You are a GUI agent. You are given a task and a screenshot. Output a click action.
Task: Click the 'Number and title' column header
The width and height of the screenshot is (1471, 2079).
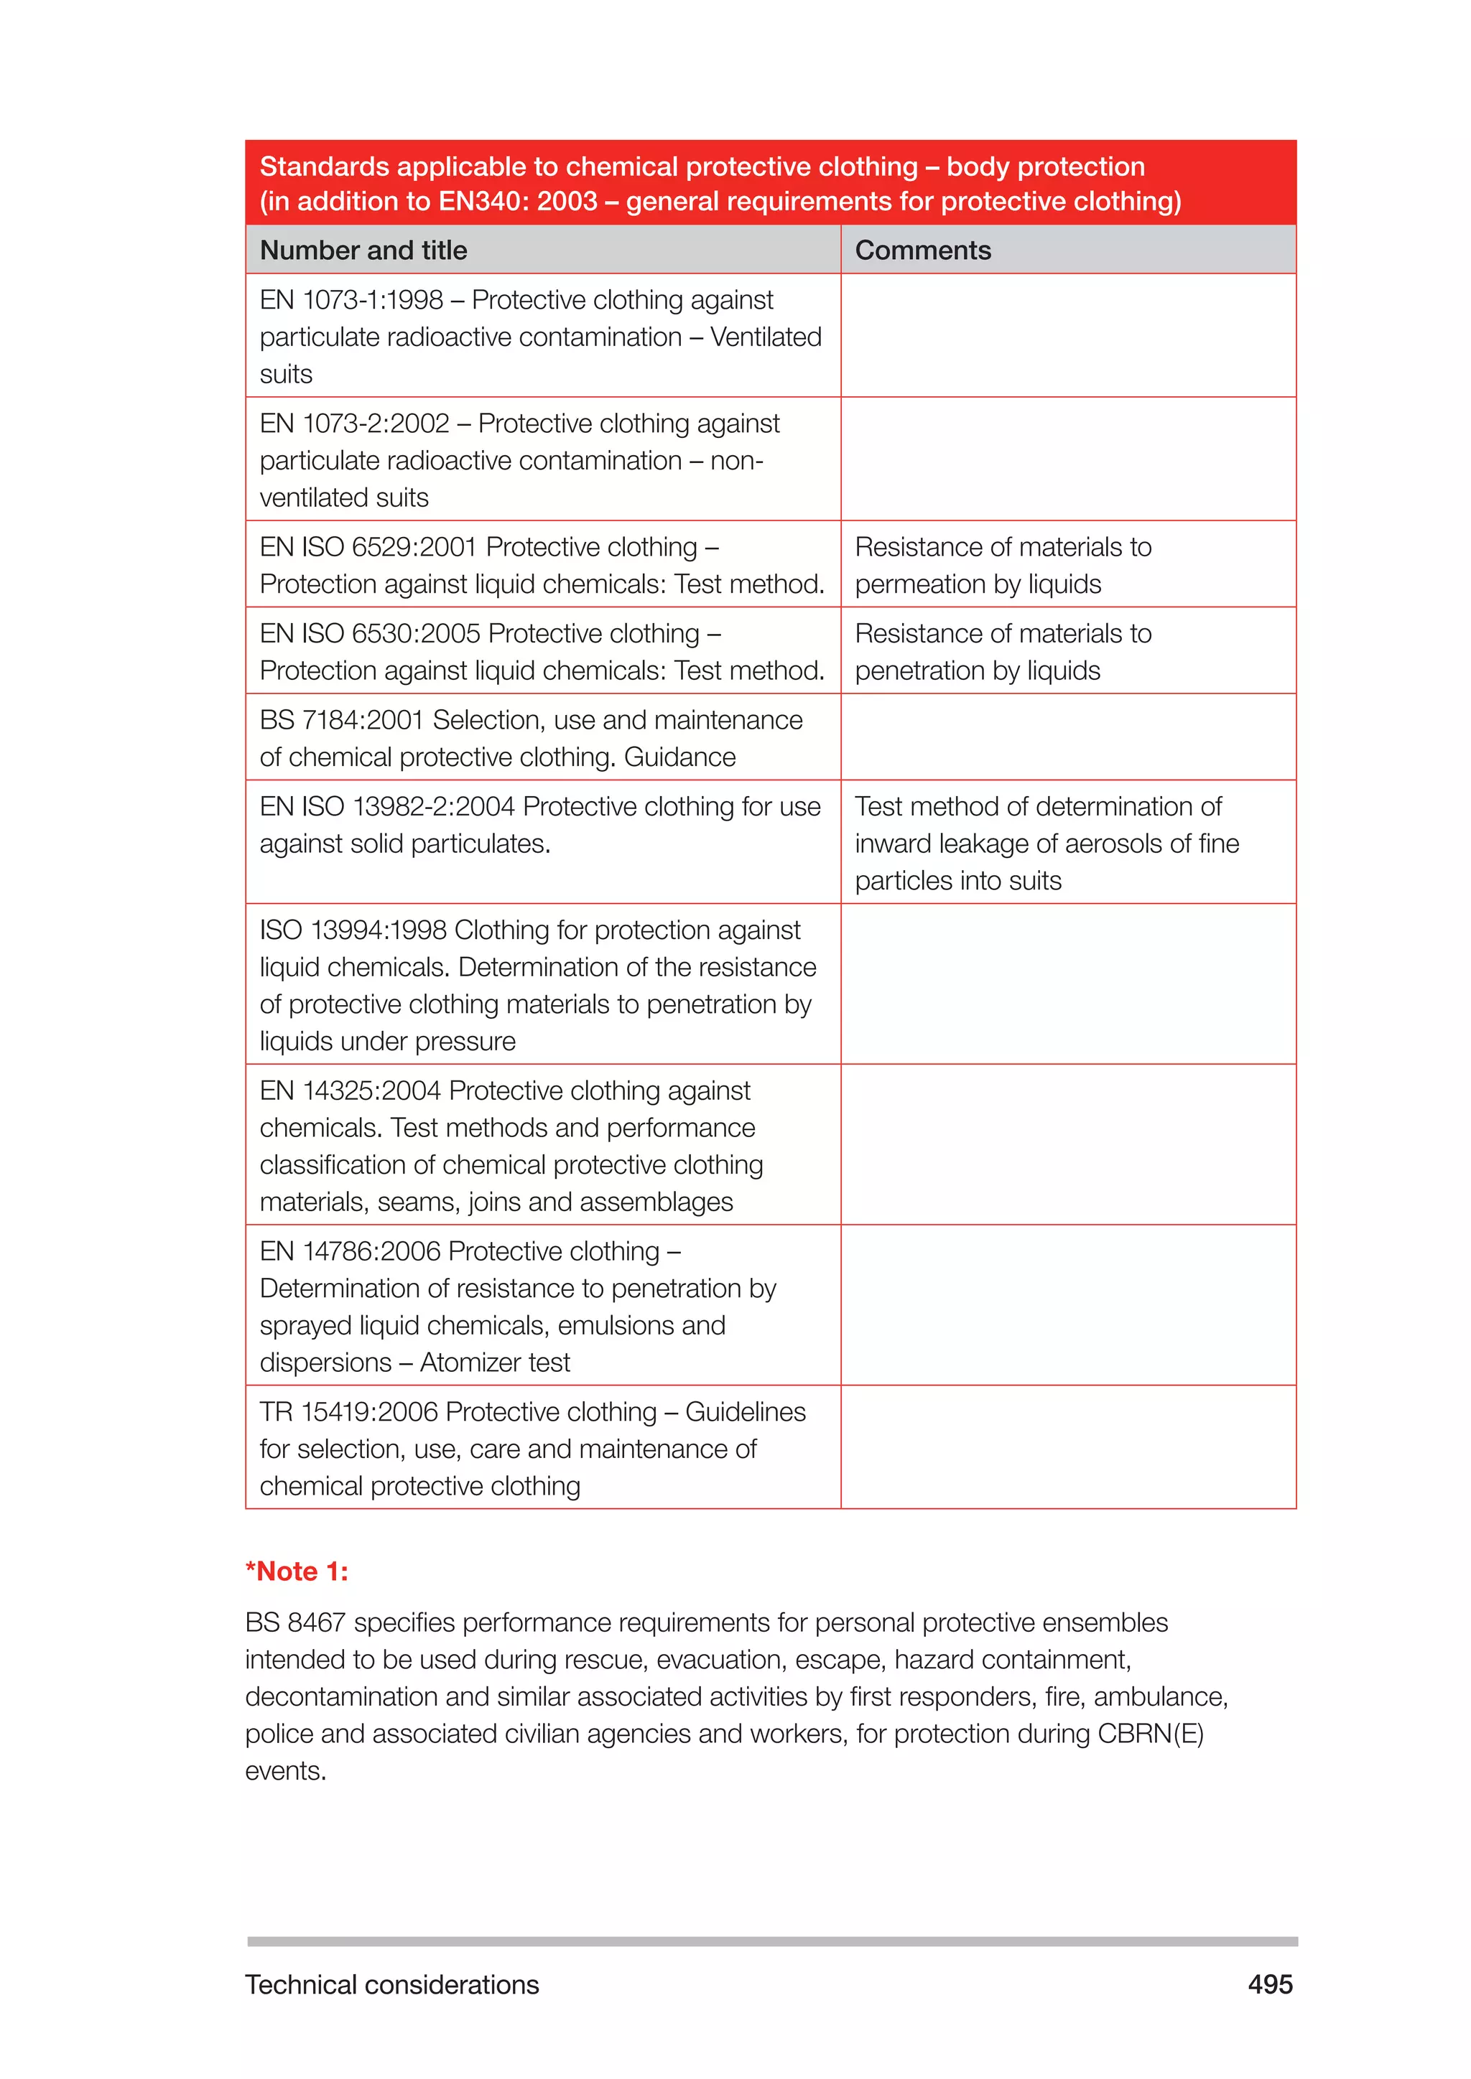click(x=363, y=251)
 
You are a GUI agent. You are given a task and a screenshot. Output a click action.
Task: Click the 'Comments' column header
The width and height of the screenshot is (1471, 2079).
click(x=922, y=251)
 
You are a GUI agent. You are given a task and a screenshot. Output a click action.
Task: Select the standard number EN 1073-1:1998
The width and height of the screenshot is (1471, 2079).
click(x=351, y=299)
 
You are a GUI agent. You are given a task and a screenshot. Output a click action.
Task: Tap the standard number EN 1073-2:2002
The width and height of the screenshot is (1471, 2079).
click(x=354, y=424)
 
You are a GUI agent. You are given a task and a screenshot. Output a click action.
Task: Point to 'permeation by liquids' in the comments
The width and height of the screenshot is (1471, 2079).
click(x=978, y=585)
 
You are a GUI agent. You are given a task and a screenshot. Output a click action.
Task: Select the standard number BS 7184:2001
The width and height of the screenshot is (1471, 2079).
click(x=341, y=721)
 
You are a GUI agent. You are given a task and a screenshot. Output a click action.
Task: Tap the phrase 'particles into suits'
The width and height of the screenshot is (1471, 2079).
click(x=957, y=881)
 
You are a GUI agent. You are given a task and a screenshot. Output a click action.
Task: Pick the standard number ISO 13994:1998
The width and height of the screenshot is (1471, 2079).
click(x=353, y=931)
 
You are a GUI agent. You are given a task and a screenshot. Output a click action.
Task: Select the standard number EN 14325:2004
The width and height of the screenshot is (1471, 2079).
click(x=350, y=1091)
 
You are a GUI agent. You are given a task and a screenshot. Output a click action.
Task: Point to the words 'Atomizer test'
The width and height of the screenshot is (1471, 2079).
click(x=495, y=1363)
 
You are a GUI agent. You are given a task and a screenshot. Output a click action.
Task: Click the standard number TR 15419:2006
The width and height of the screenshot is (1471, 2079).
click(x=349, y=1413)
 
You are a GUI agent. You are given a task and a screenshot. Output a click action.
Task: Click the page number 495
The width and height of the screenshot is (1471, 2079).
click(x=1270, y=1985)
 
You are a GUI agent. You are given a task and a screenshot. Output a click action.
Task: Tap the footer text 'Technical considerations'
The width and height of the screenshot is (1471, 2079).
click(x=391, y=1985)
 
